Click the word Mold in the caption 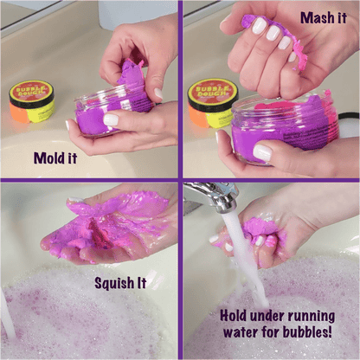48,157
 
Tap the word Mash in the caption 312,17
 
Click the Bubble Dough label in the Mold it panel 31,94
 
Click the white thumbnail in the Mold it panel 112,119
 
